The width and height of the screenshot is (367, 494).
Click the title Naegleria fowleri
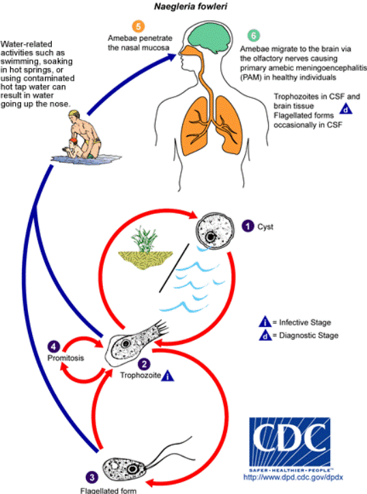(190, 7)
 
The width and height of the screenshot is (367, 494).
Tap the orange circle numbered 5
(138, 27)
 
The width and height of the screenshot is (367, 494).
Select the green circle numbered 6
(254, 35)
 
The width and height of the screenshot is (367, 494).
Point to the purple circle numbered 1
(248, 226)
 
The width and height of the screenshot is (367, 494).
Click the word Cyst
(265, 227)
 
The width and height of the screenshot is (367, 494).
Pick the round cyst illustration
(216, 231)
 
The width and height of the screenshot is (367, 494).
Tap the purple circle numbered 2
(144, 365)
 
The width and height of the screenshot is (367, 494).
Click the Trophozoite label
(141, 375)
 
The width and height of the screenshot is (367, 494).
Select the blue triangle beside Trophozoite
(168, 376)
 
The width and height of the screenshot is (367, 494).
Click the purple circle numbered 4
(54, 347)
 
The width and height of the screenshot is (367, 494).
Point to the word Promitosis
(65, 358)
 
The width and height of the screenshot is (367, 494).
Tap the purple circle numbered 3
(91, 477)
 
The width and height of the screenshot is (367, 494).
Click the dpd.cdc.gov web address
(293, 477)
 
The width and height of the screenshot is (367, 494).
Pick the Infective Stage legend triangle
(265, 322)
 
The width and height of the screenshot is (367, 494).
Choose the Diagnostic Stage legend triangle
(265, 335)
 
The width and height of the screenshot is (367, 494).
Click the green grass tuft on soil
(145, 239)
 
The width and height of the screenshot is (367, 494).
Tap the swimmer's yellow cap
(75, 113)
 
